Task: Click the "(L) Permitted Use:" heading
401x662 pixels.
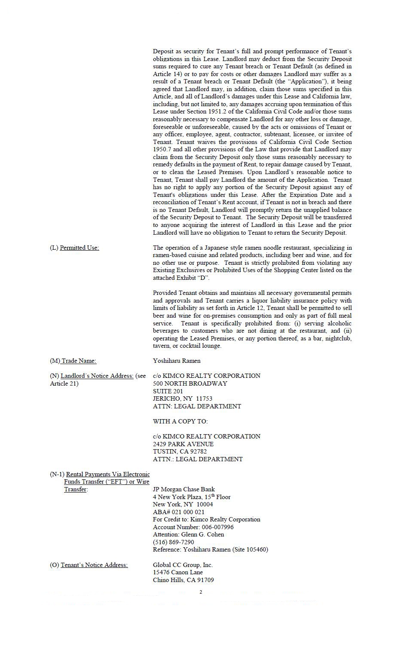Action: point(74,248)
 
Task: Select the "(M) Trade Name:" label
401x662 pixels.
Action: point(73,361)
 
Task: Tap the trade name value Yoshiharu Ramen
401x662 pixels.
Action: point(177,361)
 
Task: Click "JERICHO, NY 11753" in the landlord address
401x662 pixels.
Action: point(182,399)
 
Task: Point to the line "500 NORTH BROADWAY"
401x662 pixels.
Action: point(190,383)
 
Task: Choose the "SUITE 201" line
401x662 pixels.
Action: point(168,391)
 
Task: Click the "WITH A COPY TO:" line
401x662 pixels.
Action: point(180,422)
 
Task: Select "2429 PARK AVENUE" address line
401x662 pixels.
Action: point(183,444)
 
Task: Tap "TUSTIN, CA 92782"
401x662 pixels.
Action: point(180,452)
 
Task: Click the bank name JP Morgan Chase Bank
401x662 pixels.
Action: point(184,490)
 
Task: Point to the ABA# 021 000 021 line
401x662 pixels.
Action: point(178,512)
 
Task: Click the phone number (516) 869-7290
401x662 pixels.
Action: point(173,542)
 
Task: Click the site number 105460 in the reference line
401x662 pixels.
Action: point(256,550)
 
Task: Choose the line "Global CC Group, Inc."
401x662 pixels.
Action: point(183,565)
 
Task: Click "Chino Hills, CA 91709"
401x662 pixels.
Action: point(183,580)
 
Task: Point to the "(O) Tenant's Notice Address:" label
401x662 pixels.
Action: point(89,565)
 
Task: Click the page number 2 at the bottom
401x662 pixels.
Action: point(201,592)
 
